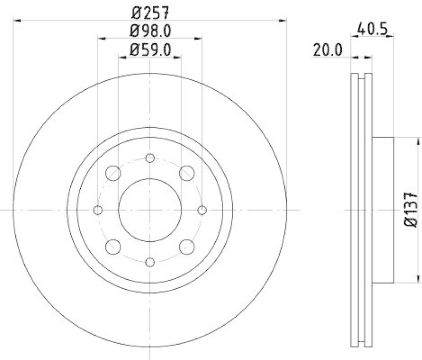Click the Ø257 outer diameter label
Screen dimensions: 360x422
point(149,10)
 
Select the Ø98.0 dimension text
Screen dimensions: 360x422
point(149,30)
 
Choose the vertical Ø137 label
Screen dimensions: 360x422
point(410,210)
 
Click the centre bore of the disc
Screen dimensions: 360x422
point(150,210)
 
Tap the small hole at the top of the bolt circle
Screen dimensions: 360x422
point(150,158)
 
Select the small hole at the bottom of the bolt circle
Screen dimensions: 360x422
point(150,262)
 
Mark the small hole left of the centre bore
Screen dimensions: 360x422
point(98,210)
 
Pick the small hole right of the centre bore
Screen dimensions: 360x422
point(202,210)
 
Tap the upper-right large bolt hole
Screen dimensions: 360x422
point(187,173)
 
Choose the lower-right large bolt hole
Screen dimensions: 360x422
point(187,247)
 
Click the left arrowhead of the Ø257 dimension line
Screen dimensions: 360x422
point(16,20)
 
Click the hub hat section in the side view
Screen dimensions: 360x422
point(383,210)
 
